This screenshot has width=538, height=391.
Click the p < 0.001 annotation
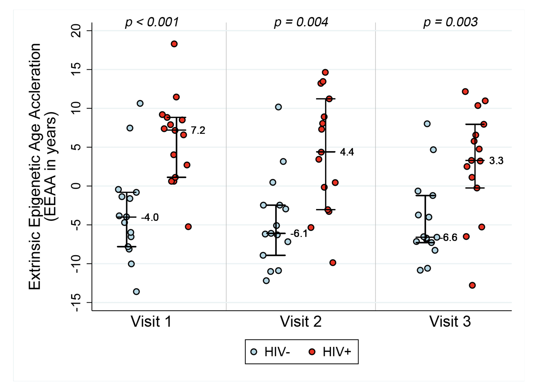[152, 22]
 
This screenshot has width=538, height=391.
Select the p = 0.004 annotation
[301, 22]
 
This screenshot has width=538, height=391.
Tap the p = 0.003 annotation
[450, 22]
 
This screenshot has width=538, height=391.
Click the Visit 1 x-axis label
[151, 322]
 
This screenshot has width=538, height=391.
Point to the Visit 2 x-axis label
[300, 322]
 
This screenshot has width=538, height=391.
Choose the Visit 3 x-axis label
[450, 322]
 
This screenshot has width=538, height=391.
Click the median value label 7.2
[198, 130]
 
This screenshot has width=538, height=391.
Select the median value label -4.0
[150, 217]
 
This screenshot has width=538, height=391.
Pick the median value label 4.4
[347, 152]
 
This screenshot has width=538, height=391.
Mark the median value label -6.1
[299, 234]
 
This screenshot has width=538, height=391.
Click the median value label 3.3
[496, 161]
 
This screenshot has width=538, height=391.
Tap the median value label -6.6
[450, 238]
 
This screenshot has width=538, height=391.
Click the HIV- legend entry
[271, 352]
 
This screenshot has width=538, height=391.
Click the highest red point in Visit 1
[174, 44]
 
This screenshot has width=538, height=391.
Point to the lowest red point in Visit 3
[472, 285]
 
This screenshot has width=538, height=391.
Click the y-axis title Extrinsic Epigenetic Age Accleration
[34, 167]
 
